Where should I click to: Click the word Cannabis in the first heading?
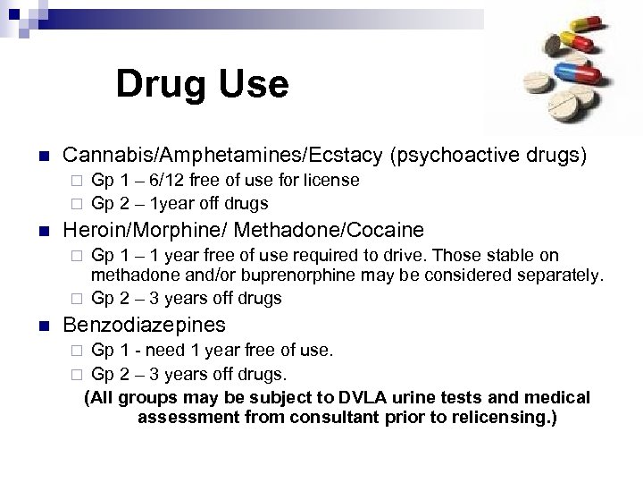coord(101,154)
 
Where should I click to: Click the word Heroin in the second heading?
coord(92,228)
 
